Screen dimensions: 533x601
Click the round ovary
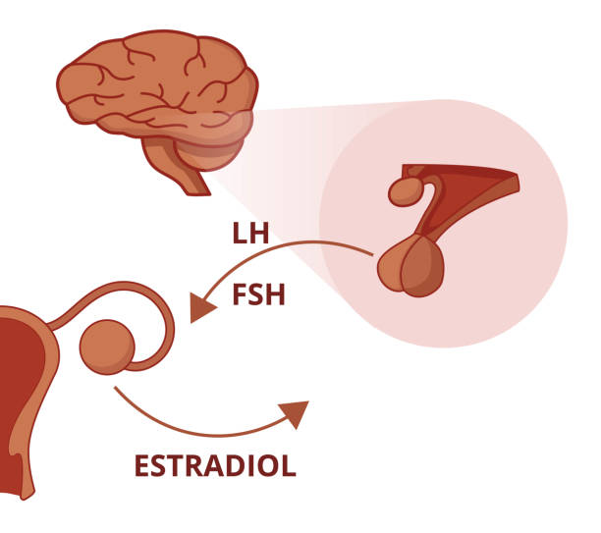(107, 346)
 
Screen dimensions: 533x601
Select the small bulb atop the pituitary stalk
(406, 189)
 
